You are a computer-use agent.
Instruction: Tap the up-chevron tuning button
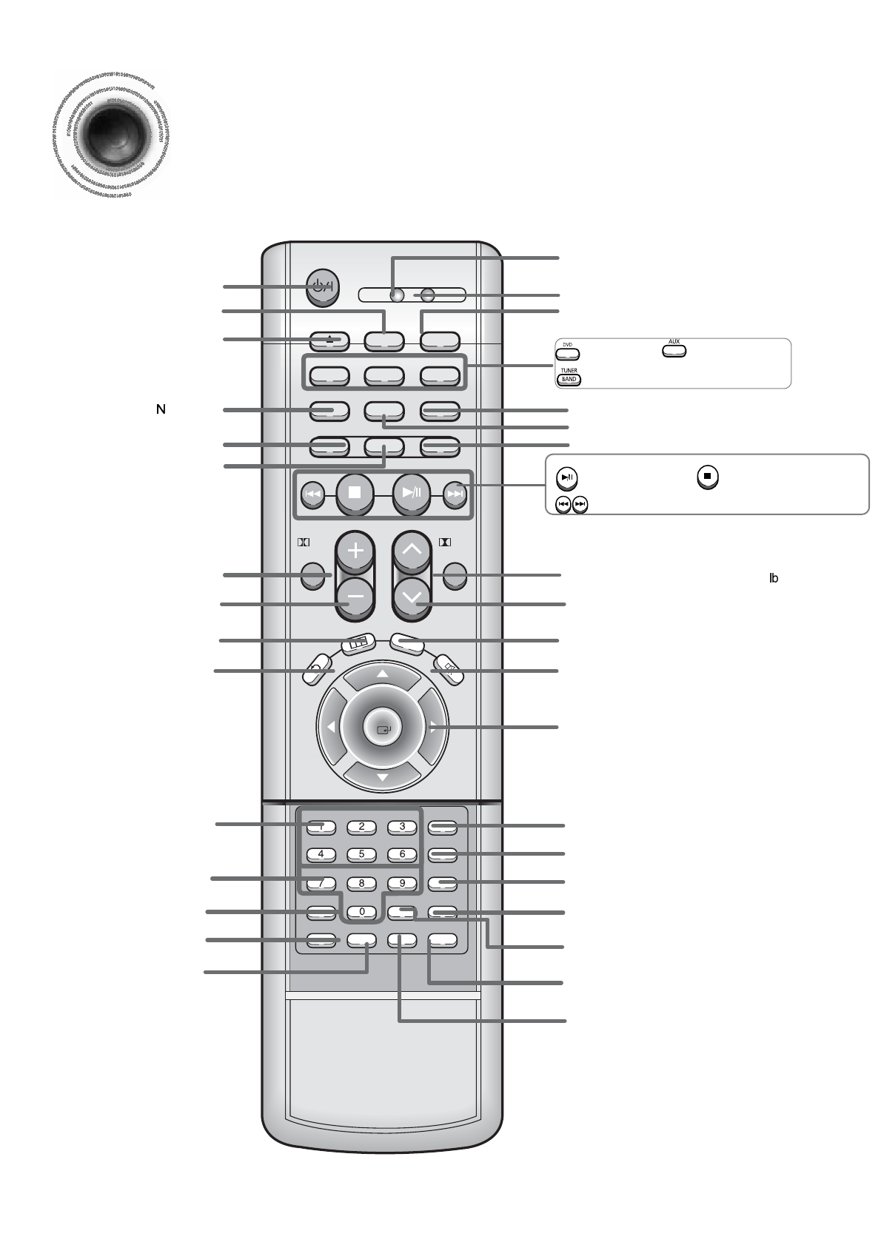[x=412, y=551]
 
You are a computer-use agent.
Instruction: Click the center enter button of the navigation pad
[x=382, y=729]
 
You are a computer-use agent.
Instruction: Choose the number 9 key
[x=402, y=882]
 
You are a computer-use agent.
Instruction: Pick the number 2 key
[x=361, y=826]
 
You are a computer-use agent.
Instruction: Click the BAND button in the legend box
[x=569, y=379]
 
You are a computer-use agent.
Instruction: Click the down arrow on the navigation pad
[x=382, y=777]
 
